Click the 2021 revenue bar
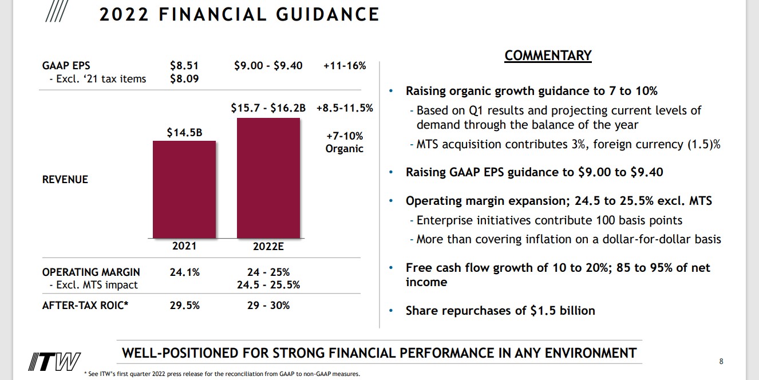(x=184, y=189)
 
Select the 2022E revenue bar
(x=268, y=178)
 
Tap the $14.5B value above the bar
(x=184, y=133)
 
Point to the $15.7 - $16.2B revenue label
(x=268, y=108)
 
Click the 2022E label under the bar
(x=268, y=247)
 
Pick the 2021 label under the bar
(x=184, y=246)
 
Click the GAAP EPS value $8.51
(x=184, y=66)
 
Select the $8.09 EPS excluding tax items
(x=184, y=79)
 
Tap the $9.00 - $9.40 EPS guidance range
(x=268, y=66)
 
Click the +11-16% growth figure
(x=345, y=66)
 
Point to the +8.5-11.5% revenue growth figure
(x=345, y=108)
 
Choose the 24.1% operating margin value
(x=184, y=272)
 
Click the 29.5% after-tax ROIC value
(x=184, y=306)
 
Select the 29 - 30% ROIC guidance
(x=268, y=306)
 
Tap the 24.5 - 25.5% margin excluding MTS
(x=268, y=285)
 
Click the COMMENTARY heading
(x=548, y=56)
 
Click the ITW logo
(x=55, y=362)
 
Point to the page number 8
(x=721, y=361)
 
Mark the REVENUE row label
(x=65, y=180)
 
